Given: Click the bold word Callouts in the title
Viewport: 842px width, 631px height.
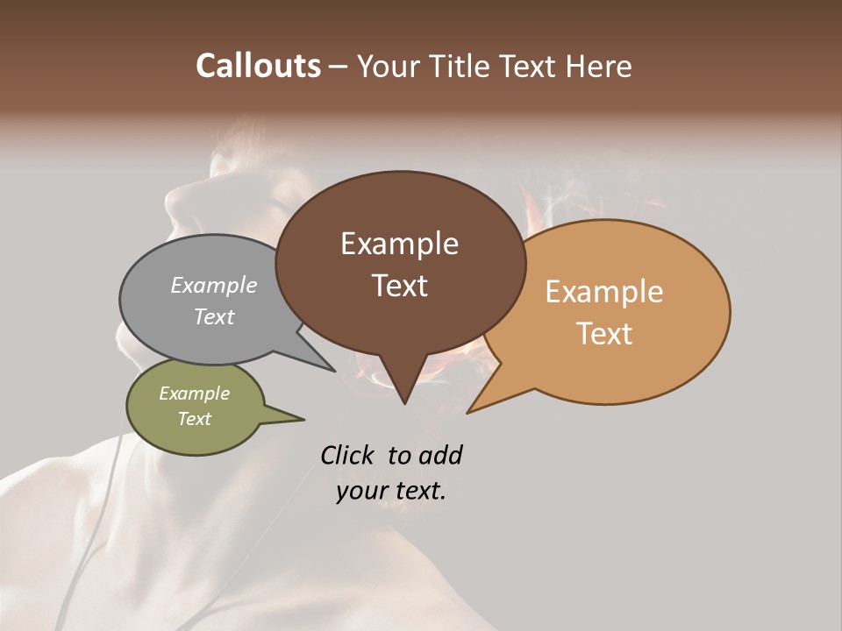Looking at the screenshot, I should point(258,66).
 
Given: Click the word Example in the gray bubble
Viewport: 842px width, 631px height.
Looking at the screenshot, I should point(214,285).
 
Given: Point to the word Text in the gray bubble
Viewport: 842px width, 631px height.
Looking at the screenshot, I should point(214,316).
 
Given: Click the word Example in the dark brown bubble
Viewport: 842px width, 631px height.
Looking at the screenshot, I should point(399,244).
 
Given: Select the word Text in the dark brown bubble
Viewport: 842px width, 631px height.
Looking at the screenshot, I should point(399,286).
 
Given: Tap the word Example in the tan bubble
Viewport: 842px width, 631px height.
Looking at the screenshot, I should point(604,292).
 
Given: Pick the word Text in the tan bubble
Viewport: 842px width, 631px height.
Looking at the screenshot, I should point(604,334).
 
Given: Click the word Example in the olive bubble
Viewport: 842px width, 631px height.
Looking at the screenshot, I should point(194,393).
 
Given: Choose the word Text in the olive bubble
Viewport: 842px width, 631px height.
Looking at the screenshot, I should point(194,419).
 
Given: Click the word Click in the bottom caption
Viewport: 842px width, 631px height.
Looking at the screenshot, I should point(348,455).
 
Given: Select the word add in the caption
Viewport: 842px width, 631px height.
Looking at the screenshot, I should point(440,455).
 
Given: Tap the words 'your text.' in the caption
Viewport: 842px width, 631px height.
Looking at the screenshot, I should point(391,492).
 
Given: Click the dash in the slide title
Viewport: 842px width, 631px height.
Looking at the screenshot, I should point(339,67).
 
